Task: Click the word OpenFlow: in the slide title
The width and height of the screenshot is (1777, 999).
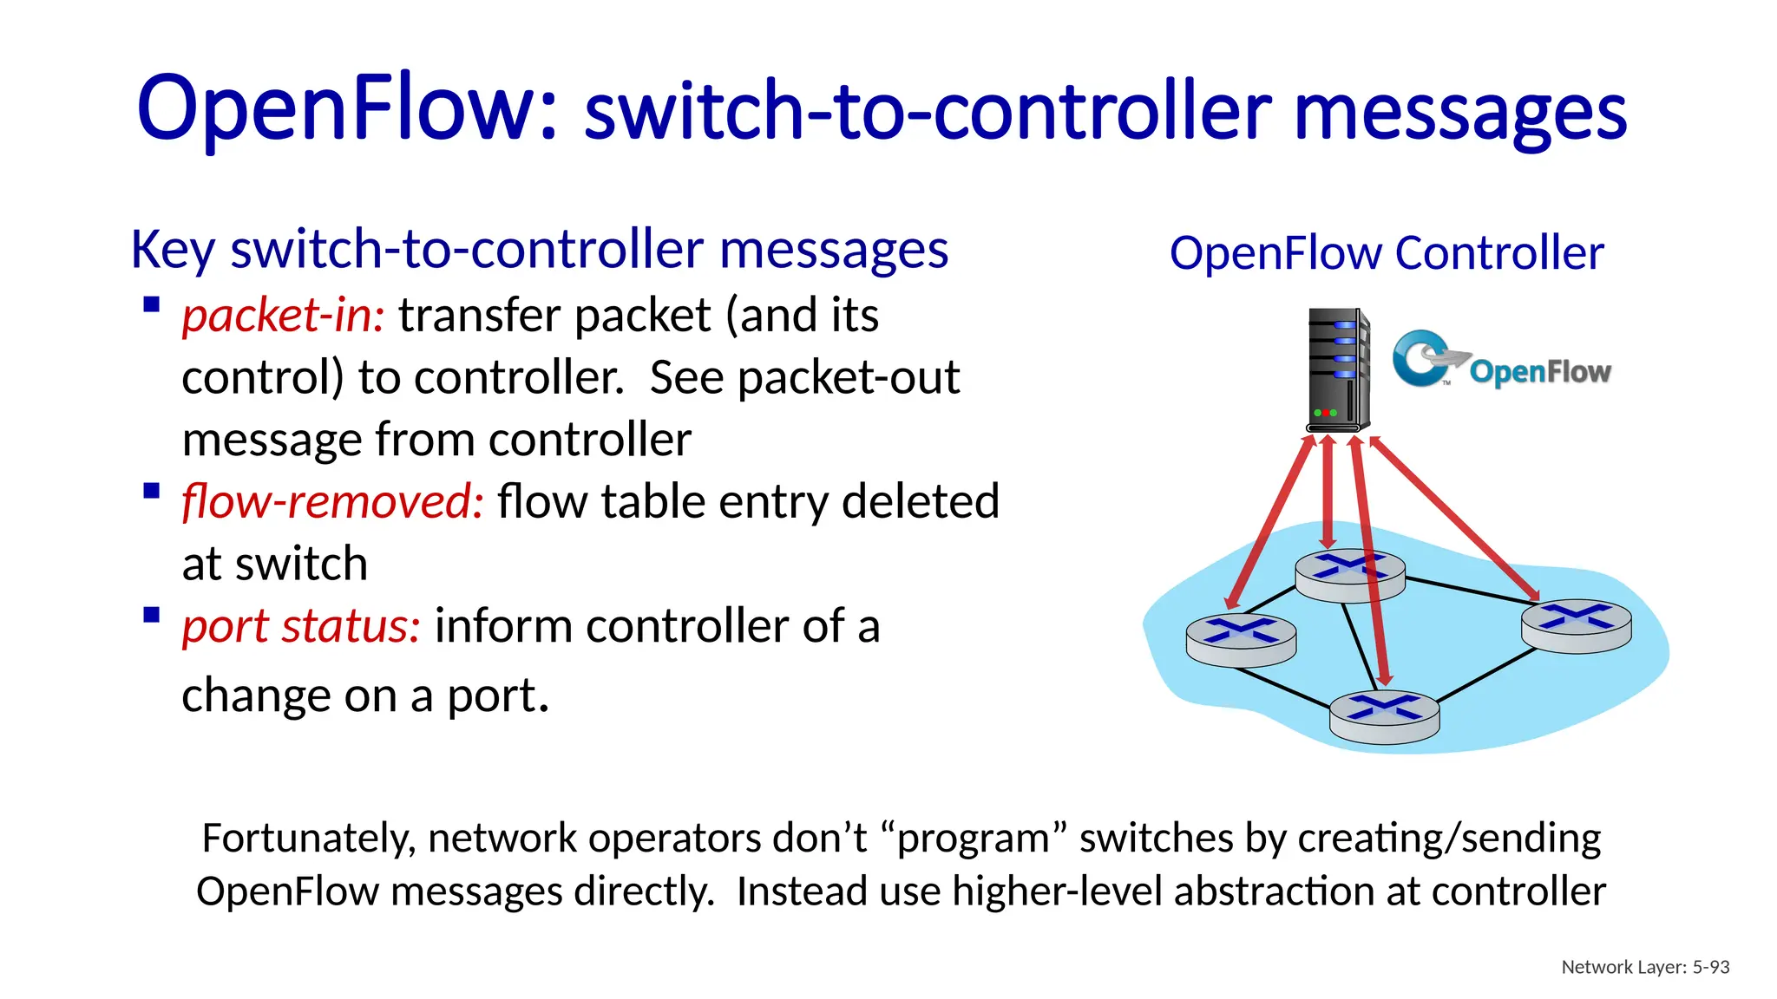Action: [x=347, y=108]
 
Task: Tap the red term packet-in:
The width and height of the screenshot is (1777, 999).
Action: [x=283, y=315]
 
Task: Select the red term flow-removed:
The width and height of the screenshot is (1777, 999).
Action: [x=332, y=502]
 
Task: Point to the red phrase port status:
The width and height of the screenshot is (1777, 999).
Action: [x=301, y=626]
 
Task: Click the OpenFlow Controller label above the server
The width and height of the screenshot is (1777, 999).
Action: [x=1386, y=253]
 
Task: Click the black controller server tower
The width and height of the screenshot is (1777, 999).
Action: [x=1338, y=369]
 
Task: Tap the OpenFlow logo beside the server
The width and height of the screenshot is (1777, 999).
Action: [x=1502, y=359]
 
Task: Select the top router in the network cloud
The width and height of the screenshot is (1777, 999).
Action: [x=1349, y=574]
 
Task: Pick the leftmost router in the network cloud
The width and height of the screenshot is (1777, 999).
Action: [x=1241, y=639]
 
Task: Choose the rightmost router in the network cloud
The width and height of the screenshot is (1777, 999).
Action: [x=1576, y=624]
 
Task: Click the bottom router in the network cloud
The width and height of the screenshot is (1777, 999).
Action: [x=1384, y=716]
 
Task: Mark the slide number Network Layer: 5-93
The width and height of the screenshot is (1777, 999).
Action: [x=1645, y=967]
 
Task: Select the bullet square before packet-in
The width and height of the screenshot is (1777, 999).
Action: [x=152, y=304]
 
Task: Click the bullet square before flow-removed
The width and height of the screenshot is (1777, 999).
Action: [x=152, y=492]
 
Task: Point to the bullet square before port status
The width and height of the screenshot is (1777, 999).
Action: [x=152, y=616]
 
